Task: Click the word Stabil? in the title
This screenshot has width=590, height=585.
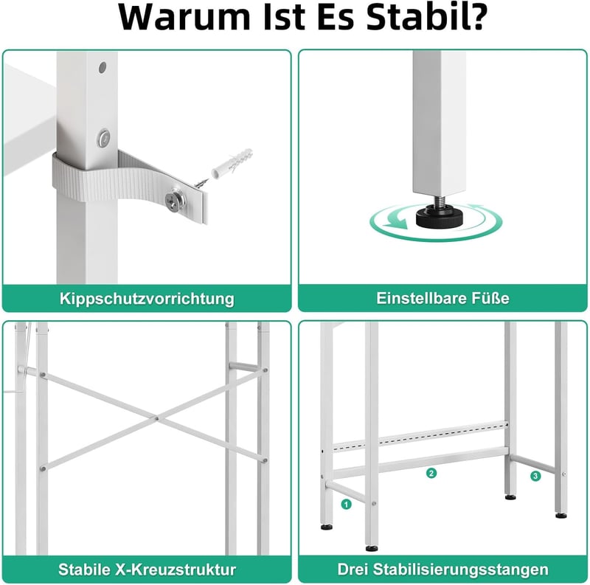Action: click(x=427, y=17)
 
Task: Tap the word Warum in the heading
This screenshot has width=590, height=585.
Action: click(x=184, y=17)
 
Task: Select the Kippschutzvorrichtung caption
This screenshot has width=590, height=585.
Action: click(x=147, y=299)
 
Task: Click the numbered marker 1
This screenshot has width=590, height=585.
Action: click(x=346, y=504)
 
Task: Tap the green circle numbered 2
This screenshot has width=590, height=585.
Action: click(x=431, y=473)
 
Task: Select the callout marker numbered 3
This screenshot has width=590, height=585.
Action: click(x=535, y=477)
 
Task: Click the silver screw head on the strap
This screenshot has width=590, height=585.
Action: click(x=175, y=200)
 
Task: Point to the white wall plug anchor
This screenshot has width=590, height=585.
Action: click(x=232, y=163)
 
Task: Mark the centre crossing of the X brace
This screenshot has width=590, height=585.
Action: click(x=156, y=418)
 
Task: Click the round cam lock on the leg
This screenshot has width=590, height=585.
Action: click(x=103, y=138)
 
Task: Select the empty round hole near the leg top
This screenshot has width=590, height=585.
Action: click(x=103, y=67)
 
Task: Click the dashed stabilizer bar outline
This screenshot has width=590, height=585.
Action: click(x=420, y=436)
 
